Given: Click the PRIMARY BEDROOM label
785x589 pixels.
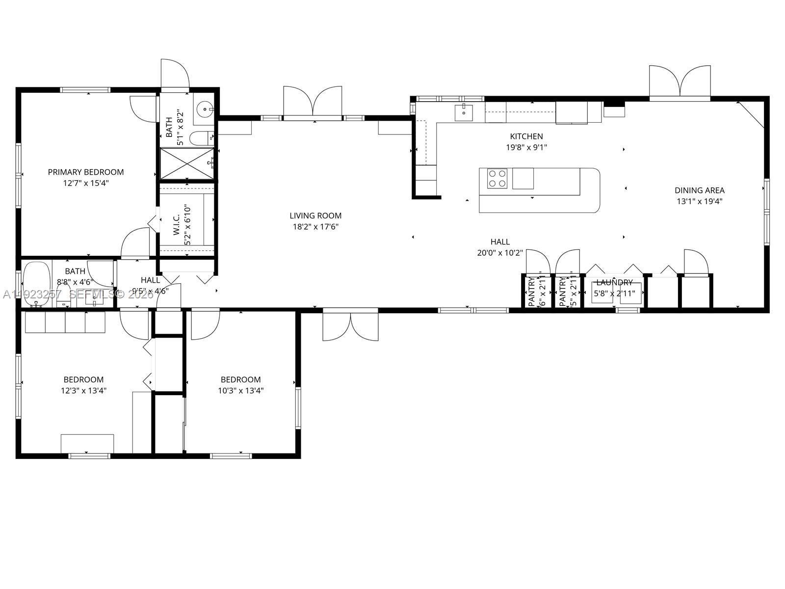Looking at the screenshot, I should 86,172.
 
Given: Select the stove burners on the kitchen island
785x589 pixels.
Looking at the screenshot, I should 497,178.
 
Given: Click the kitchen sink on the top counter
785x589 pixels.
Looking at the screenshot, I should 463,112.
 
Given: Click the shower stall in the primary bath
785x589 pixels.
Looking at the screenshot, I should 187,163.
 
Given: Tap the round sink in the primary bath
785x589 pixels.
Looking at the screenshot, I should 203,107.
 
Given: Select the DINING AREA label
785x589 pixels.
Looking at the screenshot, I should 699,190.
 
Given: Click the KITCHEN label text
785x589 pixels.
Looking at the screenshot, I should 526,136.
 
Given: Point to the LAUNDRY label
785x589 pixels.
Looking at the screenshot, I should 614,283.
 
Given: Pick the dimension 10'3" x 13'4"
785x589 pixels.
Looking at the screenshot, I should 240,391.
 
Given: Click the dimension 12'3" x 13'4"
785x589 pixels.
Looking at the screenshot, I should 83,391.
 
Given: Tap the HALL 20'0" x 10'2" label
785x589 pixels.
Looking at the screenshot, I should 500,247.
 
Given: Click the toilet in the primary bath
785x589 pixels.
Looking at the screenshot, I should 200,138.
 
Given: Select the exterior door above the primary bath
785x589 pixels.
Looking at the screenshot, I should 175,75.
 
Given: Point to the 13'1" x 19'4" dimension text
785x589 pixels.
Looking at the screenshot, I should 699,201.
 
